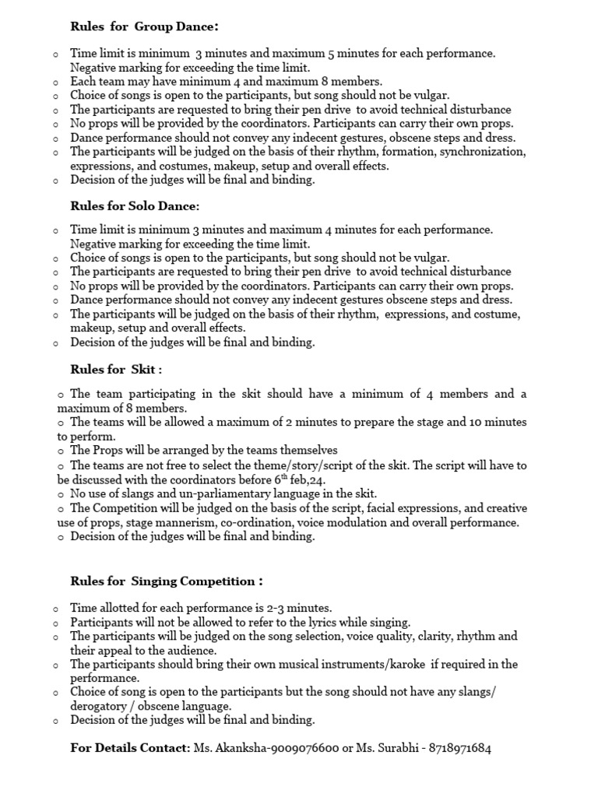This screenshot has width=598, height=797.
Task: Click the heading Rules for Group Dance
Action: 144,26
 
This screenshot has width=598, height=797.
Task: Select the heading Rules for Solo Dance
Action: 135,206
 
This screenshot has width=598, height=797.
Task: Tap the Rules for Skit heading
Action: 116,370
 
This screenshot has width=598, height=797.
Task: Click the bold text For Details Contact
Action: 130,749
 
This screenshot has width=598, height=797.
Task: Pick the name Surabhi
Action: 390,749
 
